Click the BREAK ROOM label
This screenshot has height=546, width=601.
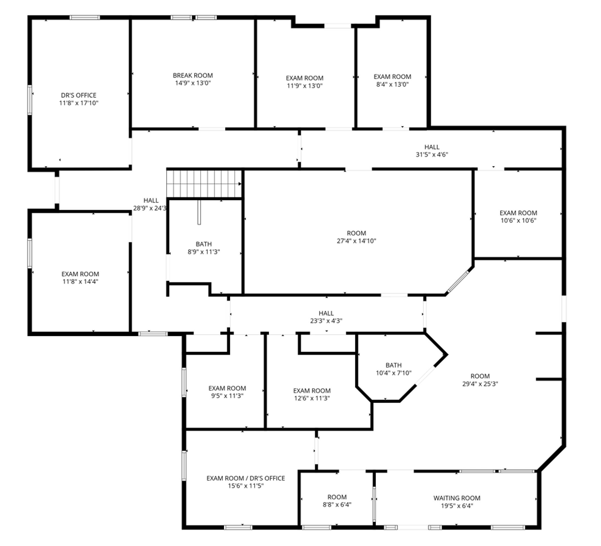coord(193,75)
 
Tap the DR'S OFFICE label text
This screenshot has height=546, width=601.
coord(79,95)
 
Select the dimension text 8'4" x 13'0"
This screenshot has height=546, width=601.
coord(392,84)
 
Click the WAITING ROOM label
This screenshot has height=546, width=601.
coord(457,498)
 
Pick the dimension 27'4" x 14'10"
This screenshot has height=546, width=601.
coord(357,241)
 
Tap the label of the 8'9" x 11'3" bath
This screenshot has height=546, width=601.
coord(204,244)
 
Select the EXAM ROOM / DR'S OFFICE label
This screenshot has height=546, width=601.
coord(246,478)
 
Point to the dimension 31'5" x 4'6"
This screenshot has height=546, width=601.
coord(432,155)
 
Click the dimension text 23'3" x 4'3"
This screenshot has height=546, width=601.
coord(326,321)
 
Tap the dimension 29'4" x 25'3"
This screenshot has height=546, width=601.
coord(480,384)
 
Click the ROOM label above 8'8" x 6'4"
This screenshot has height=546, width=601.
coord(337,497)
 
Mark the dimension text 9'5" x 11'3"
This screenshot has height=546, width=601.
coord(227,396)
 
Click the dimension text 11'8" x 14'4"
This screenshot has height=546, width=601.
coord(80,281)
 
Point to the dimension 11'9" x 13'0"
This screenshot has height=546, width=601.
coord(305,86)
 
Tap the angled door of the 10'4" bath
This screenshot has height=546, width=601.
coord(425,376)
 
